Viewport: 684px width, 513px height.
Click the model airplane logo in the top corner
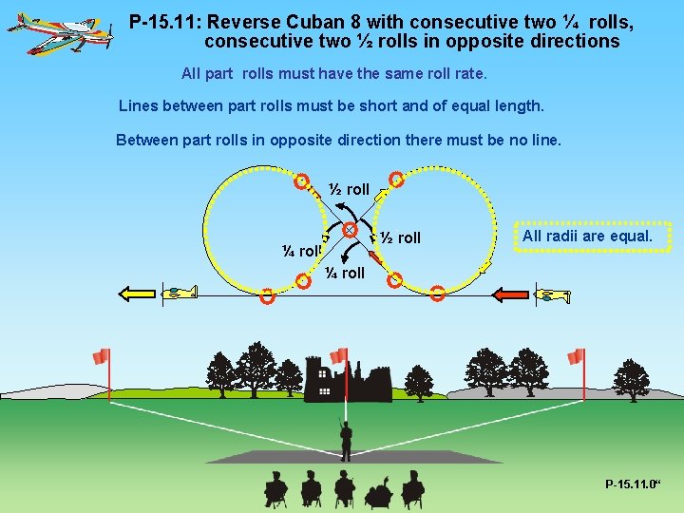(x=62, y=33)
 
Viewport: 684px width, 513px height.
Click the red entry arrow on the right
(x=513, y=295)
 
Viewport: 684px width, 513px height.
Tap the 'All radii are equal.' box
(x=587, y=237)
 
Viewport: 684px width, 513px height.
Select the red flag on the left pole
(x=101, y=356)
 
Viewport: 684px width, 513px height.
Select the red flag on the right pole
(x=575, y=356)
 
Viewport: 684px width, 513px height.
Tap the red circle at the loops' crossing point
(x=350, y=230)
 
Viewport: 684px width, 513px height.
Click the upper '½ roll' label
(x=349, y=189)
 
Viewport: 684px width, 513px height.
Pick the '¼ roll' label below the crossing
(x=344, y=273)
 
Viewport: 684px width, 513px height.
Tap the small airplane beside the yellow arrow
(x=180, y=292)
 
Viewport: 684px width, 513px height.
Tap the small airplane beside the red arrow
(x=552, y=295)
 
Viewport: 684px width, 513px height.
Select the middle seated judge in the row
(x=344, y=488)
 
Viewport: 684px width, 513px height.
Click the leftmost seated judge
(x=275, y=490)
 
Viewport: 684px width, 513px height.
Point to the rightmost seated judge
(x=412, y=490)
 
